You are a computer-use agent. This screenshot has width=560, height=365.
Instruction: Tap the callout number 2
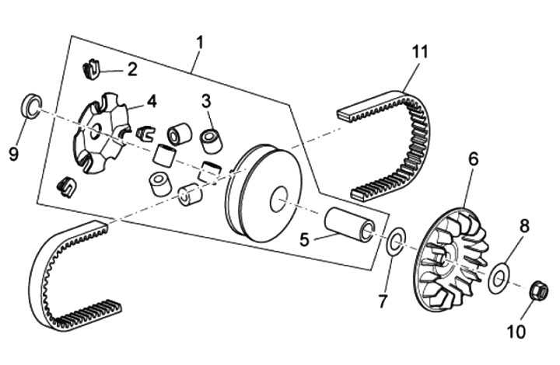click(x=131, y=70)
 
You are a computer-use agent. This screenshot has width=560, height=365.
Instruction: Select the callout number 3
click(x=206, y=100)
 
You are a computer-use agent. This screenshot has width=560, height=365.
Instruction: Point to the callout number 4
click(x=151, y=101)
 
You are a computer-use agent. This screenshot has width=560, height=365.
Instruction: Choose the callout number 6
click(x=472, y=160)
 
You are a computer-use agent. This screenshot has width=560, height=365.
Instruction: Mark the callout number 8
click(x=523, y=227)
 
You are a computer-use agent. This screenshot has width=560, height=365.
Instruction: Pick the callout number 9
click(x=14, y=155)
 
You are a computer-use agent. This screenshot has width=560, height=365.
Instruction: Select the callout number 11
click(x=421, y=52)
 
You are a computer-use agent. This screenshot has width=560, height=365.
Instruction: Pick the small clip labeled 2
click(x=91, y=71)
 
